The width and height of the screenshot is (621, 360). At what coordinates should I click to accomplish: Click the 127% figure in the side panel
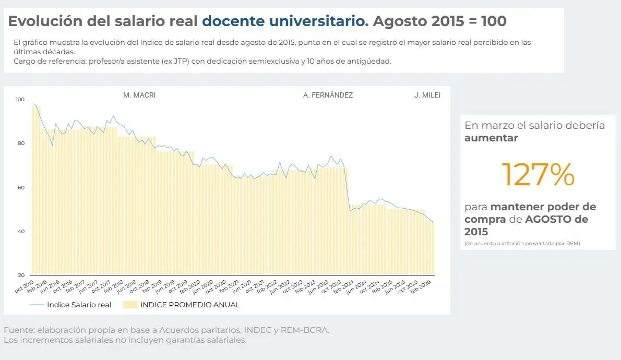[538, 174]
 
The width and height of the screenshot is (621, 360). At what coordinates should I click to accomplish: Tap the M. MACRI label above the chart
[139, 95]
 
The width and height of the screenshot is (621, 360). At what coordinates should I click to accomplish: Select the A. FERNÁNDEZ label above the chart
[328, 95]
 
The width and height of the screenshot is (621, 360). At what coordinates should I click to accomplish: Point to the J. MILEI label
[427, 95]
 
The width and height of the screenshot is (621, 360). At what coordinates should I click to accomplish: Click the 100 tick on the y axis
[20, 99]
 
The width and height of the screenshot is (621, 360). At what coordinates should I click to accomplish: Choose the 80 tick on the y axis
[20, 143]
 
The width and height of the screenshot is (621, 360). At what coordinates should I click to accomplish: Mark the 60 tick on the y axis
[20, 187]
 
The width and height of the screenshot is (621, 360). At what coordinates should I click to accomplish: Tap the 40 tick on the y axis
[20, 231]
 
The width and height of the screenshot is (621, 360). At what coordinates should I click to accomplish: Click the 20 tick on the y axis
[20, 275]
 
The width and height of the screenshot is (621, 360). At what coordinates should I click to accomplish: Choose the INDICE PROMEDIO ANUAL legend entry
[190, 305]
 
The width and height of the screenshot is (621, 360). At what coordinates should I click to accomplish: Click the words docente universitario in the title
[285, 21]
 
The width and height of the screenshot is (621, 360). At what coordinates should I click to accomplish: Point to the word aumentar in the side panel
[491, 138]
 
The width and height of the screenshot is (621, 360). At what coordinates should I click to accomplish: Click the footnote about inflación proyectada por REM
[522, 244]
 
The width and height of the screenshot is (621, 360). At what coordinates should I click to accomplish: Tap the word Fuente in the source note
[18, 330]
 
